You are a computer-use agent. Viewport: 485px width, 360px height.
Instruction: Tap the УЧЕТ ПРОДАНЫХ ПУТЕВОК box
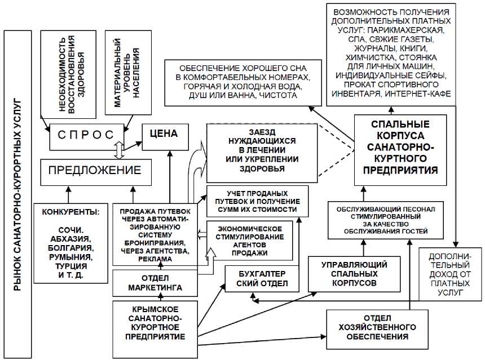(258, 201)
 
